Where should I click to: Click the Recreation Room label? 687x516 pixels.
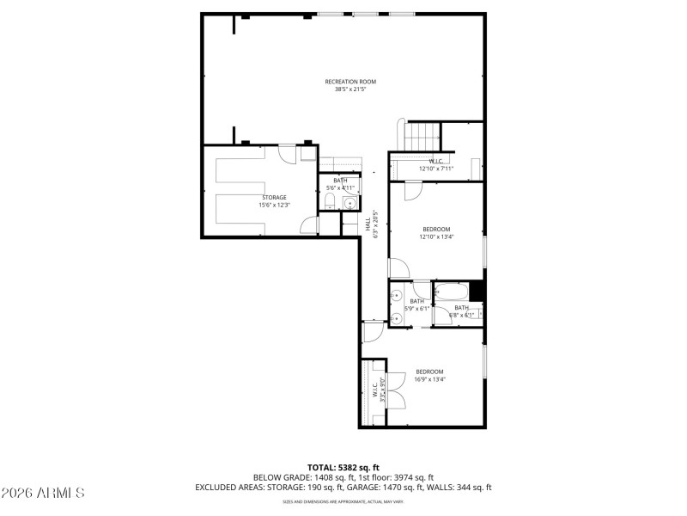coord(350,82)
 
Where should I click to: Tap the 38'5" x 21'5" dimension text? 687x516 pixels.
coord(350,89)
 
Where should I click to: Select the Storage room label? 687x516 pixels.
coord(274,198)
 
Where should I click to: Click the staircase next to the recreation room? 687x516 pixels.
coord(423,135)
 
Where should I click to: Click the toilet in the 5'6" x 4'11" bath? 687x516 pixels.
coord(330,202)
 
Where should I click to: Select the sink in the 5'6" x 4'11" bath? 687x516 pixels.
coord(350,204)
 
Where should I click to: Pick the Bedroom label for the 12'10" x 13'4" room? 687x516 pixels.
coord(436,230)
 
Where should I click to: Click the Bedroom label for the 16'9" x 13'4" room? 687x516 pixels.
coord(429,372)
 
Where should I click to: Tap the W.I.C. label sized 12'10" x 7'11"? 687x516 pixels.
coord(435,162)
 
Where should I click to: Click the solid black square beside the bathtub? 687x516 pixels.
coord(477,291)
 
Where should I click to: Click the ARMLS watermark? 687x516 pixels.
coord(43,493)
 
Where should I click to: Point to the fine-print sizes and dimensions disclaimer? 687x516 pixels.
coord(343,501)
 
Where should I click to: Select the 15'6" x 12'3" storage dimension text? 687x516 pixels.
coord(274,205)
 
